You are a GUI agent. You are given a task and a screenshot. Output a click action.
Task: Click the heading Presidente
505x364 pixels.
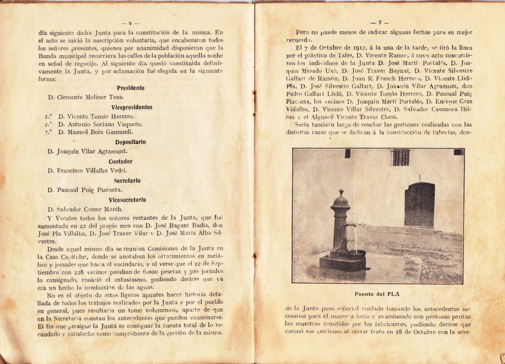click(x=131, y=88)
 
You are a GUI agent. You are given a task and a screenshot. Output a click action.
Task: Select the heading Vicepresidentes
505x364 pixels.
click(x=131, y=107)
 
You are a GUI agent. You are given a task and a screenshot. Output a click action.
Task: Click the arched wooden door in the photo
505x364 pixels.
click(x=419, y=205)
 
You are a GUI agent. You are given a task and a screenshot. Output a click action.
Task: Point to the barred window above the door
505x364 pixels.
click(x=401, y=157)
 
